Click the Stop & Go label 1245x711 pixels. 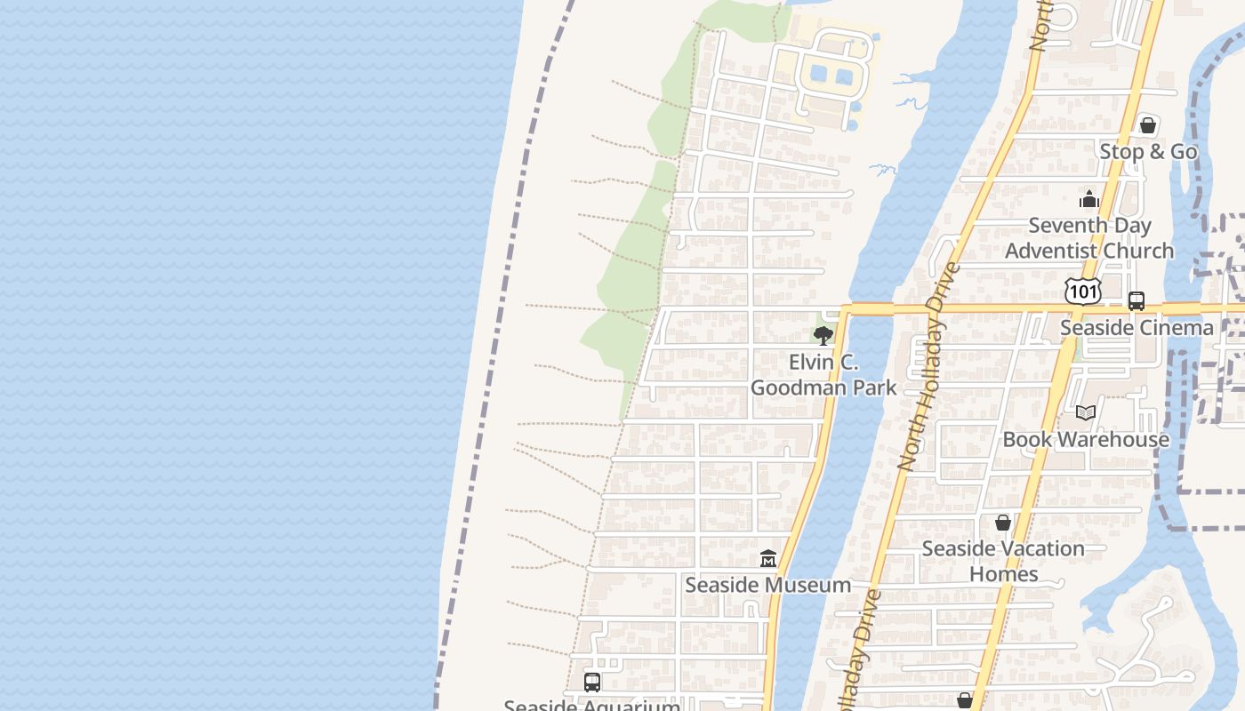pyautogui.click(x=1148, y=152)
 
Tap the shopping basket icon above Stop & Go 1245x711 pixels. pyautogui.click(x=1148, y=125)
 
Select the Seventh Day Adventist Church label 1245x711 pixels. pyautogui.click(x=1089, y=238)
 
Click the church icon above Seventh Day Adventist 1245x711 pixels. pyautogui.click(x=1089, y=200)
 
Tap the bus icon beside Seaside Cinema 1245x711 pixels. pyautogui.click(x=1137, y=301)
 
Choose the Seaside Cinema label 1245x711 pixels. pyautogui.click(x=1137, y=328)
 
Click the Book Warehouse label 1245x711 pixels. pyautogui.click(x=1086, y=439)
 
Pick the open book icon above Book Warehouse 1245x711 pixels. pyautogui.click(x=1085, y=412)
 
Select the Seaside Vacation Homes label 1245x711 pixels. pyautogui.click(x=1003, y=561)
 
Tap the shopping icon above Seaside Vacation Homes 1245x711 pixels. pyautogui.click(x=1003, y=523)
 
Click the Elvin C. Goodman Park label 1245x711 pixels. pyautogui.click(x=823, y=375)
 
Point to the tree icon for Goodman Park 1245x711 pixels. pyautogui.click(x=823, y=336)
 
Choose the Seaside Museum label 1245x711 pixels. pyautogui.click(x=767, y=585)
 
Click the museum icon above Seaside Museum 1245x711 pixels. pyautogui.click(x=768, y=559)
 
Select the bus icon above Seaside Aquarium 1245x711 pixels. pyautogui.click(x=592, y=683)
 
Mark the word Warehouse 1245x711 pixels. pyautogui.click(x=1112, y=439)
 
